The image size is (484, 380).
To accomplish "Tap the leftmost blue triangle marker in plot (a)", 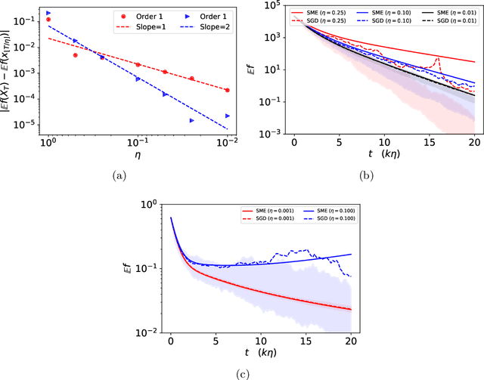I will coord(48,13).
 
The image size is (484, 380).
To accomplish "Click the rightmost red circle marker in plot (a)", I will coord(227,90).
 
